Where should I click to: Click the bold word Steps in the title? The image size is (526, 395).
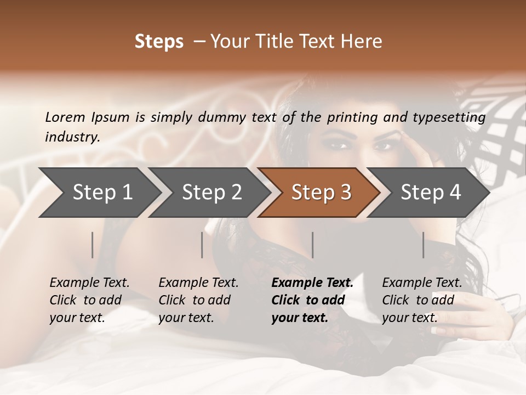[159, 42]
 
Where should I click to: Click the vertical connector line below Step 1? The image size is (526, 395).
[93, 245]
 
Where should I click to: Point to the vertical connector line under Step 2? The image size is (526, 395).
[202, 245]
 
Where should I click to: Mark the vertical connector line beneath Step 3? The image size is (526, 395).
[313, 245]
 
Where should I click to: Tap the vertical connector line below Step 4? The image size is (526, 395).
[424, 245]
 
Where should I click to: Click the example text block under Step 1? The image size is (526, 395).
[89, 300]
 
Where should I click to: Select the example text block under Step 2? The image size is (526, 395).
[198, 300]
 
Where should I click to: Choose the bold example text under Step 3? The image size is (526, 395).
[312, 300]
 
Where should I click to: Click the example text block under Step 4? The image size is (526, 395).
[422, 300]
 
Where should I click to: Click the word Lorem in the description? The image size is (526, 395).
[65, 117]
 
